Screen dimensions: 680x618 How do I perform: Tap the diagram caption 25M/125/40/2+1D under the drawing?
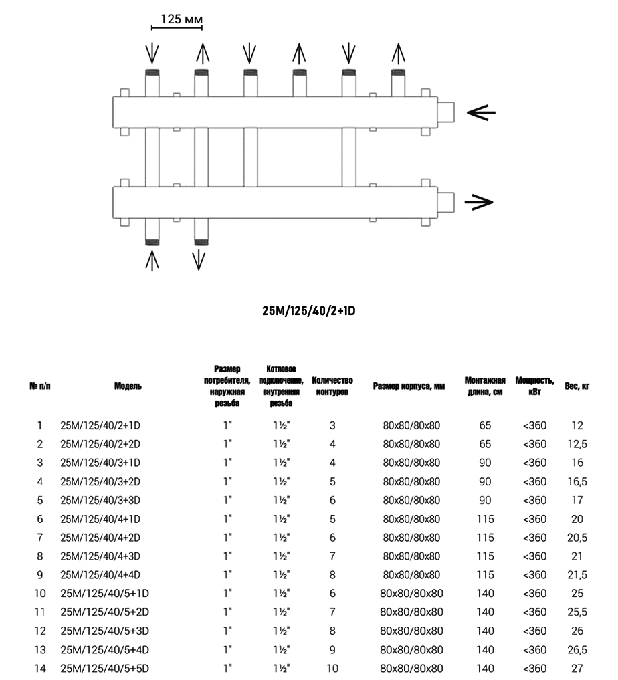308,311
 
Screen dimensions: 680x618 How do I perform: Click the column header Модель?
128,386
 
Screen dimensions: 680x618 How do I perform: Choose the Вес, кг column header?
577,386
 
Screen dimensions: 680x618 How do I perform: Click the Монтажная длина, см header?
485,386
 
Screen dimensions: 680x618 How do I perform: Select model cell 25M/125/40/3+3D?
105,499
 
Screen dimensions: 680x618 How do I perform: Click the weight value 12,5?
577,443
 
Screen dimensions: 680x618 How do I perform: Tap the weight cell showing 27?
577,668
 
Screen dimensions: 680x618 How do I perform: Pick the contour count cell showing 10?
332,668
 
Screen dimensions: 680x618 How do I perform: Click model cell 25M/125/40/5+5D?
105,668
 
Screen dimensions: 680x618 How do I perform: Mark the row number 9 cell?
40,574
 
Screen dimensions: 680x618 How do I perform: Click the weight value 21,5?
577,574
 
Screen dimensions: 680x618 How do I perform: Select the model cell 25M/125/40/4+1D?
105,518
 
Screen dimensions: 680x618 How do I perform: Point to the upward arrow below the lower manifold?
152,259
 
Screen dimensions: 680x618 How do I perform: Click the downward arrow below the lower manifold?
199,259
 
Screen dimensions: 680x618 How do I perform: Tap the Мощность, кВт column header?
534,386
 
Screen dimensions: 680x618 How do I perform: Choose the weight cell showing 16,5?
577,481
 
